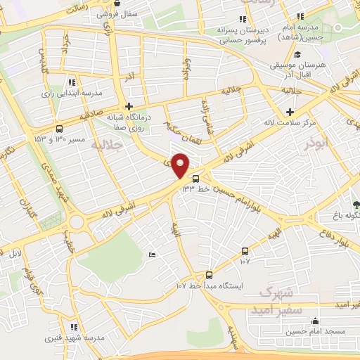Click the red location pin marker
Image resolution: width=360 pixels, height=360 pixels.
pos(181,165)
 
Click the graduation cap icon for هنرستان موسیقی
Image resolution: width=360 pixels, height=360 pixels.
pos(297,55)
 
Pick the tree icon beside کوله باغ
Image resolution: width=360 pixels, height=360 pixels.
pos(356,205)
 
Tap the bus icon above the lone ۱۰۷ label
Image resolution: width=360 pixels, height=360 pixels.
pos(245,251)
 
